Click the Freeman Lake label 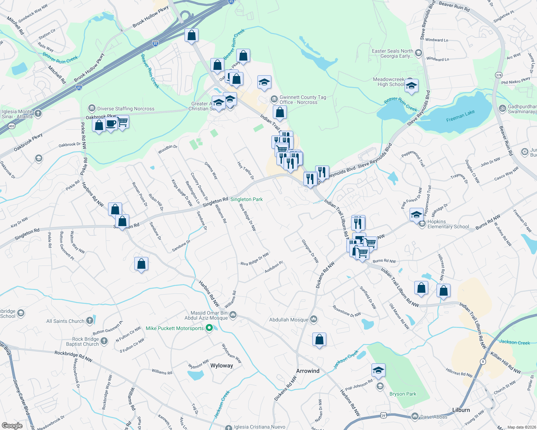point(460,116)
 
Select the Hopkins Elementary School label point(448,224)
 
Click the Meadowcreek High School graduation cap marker point(411,86)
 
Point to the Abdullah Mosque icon point(314,319)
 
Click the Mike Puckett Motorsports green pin point(210,328)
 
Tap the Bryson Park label point(403,394)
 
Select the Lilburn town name point(461,410)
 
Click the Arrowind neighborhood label point(308,371)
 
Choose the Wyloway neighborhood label point(221,365)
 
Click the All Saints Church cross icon point(90,321)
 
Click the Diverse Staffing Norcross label point(126,109)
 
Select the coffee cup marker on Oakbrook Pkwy point(111,124)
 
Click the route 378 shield point(498,75)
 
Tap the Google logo point(12,426)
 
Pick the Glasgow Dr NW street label point(310,251)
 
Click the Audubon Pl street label point(274,267)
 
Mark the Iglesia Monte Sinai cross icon point(38,114)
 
